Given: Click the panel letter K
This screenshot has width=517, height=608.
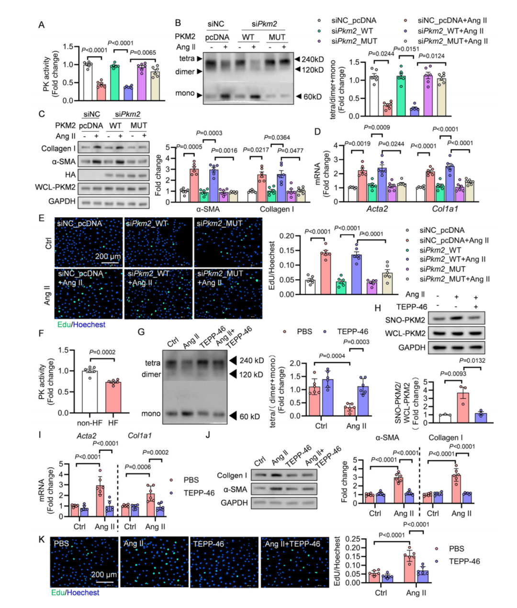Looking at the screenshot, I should tap(42, 539).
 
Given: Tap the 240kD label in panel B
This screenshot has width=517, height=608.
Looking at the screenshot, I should tap(312, 59).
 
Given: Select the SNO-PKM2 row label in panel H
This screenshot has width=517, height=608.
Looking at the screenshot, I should tap(405, 320).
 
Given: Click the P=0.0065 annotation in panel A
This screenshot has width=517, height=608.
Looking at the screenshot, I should tap(143, 53).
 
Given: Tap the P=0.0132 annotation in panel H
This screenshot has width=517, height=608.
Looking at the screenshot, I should tap(472, 360).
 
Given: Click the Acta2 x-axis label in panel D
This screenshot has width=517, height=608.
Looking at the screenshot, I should tap(377, 209).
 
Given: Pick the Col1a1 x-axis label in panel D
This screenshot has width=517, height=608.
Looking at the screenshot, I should tap(445, 209).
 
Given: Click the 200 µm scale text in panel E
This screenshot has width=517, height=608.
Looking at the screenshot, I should tap(108, 256).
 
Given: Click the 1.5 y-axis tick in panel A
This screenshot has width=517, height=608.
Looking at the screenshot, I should tap(68, 47).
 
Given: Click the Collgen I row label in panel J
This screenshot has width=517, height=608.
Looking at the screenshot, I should tap(232, 475).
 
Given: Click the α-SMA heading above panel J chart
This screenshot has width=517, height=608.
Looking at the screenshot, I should tap(387, 437).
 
